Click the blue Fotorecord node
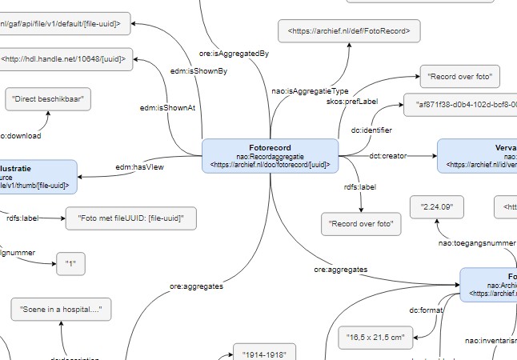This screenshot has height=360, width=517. [x=270, y=155]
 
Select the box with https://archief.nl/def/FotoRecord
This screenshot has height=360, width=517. [x=349, y=31]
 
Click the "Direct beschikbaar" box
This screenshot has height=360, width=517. [x=48, y=99]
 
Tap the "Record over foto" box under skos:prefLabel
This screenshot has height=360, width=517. [x=459, y=77]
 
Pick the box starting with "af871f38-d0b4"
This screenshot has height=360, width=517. [x=460, y=105]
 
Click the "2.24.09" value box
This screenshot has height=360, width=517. [x=437, y=207]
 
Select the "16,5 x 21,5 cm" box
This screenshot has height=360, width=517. [x=376, y=338]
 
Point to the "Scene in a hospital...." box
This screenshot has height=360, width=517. [x=61, y=308]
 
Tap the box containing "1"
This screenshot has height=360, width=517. [x=70, y=262]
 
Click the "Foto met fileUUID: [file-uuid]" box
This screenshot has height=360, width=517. [x=130, y=218]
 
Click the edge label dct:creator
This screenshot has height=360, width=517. [x=388, y=155]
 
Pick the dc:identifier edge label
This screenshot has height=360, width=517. [x=371, y=129]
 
